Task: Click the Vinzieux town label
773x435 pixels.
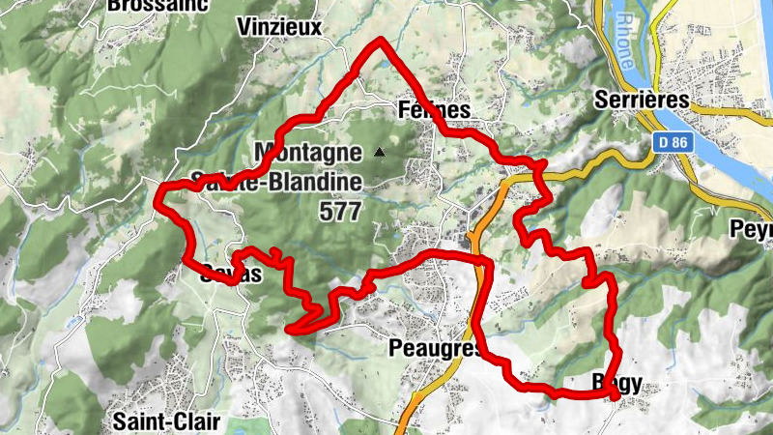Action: [x=284, y=26]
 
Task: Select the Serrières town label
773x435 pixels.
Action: [x=643, y=100]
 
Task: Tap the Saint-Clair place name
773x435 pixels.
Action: [x=166, y=421]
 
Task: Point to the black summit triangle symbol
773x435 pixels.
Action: [x=379, y=152]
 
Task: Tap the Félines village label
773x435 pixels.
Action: [x=434, y=110]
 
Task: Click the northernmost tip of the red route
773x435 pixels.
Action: [x=383, y=41]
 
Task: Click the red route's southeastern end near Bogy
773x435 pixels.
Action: [x=616, y=396]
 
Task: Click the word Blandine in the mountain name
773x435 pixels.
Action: [x=309, y=181]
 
